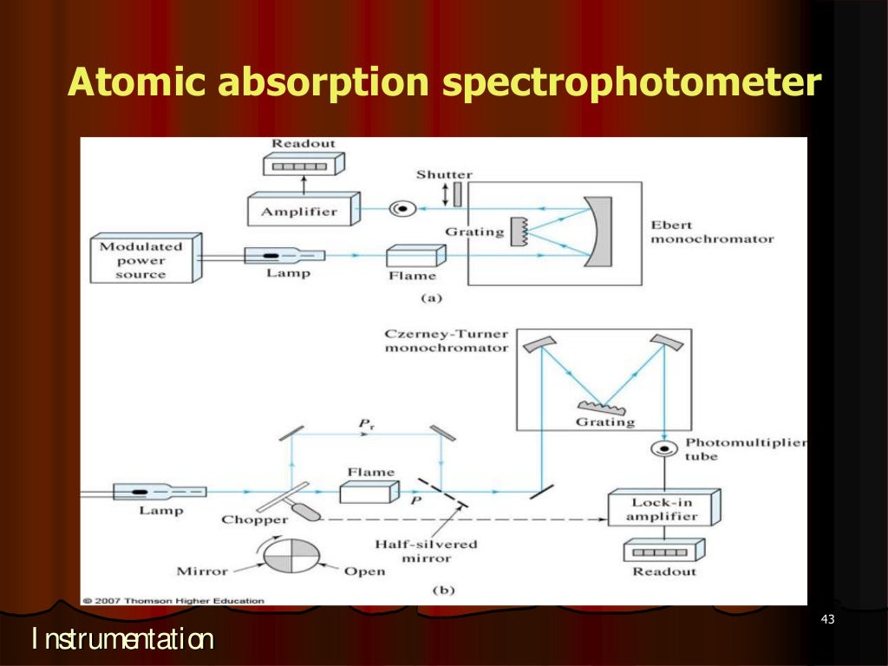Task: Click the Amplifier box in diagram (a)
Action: click(x=298, y=212)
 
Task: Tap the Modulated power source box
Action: click(x=145, y=258)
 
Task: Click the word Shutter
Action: click(x=444, y=174)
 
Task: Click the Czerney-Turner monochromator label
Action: click(x=447, y=340)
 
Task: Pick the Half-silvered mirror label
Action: click(x=426, y=552)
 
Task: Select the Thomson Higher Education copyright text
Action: click(x=173, y=599)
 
